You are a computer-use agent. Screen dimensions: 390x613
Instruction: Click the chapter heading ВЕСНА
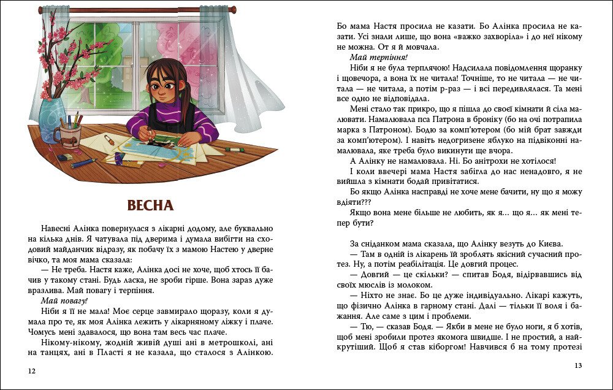pyautogui.click(x=150, y=205)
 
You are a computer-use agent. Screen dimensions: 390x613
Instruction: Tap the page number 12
pyautogui.click(x=32, y=370)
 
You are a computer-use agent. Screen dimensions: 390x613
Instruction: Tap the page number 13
pyautogui.click(x=578, y=365)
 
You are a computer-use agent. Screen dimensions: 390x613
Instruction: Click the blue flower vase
pyautogui.click(x=51, y=120)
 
